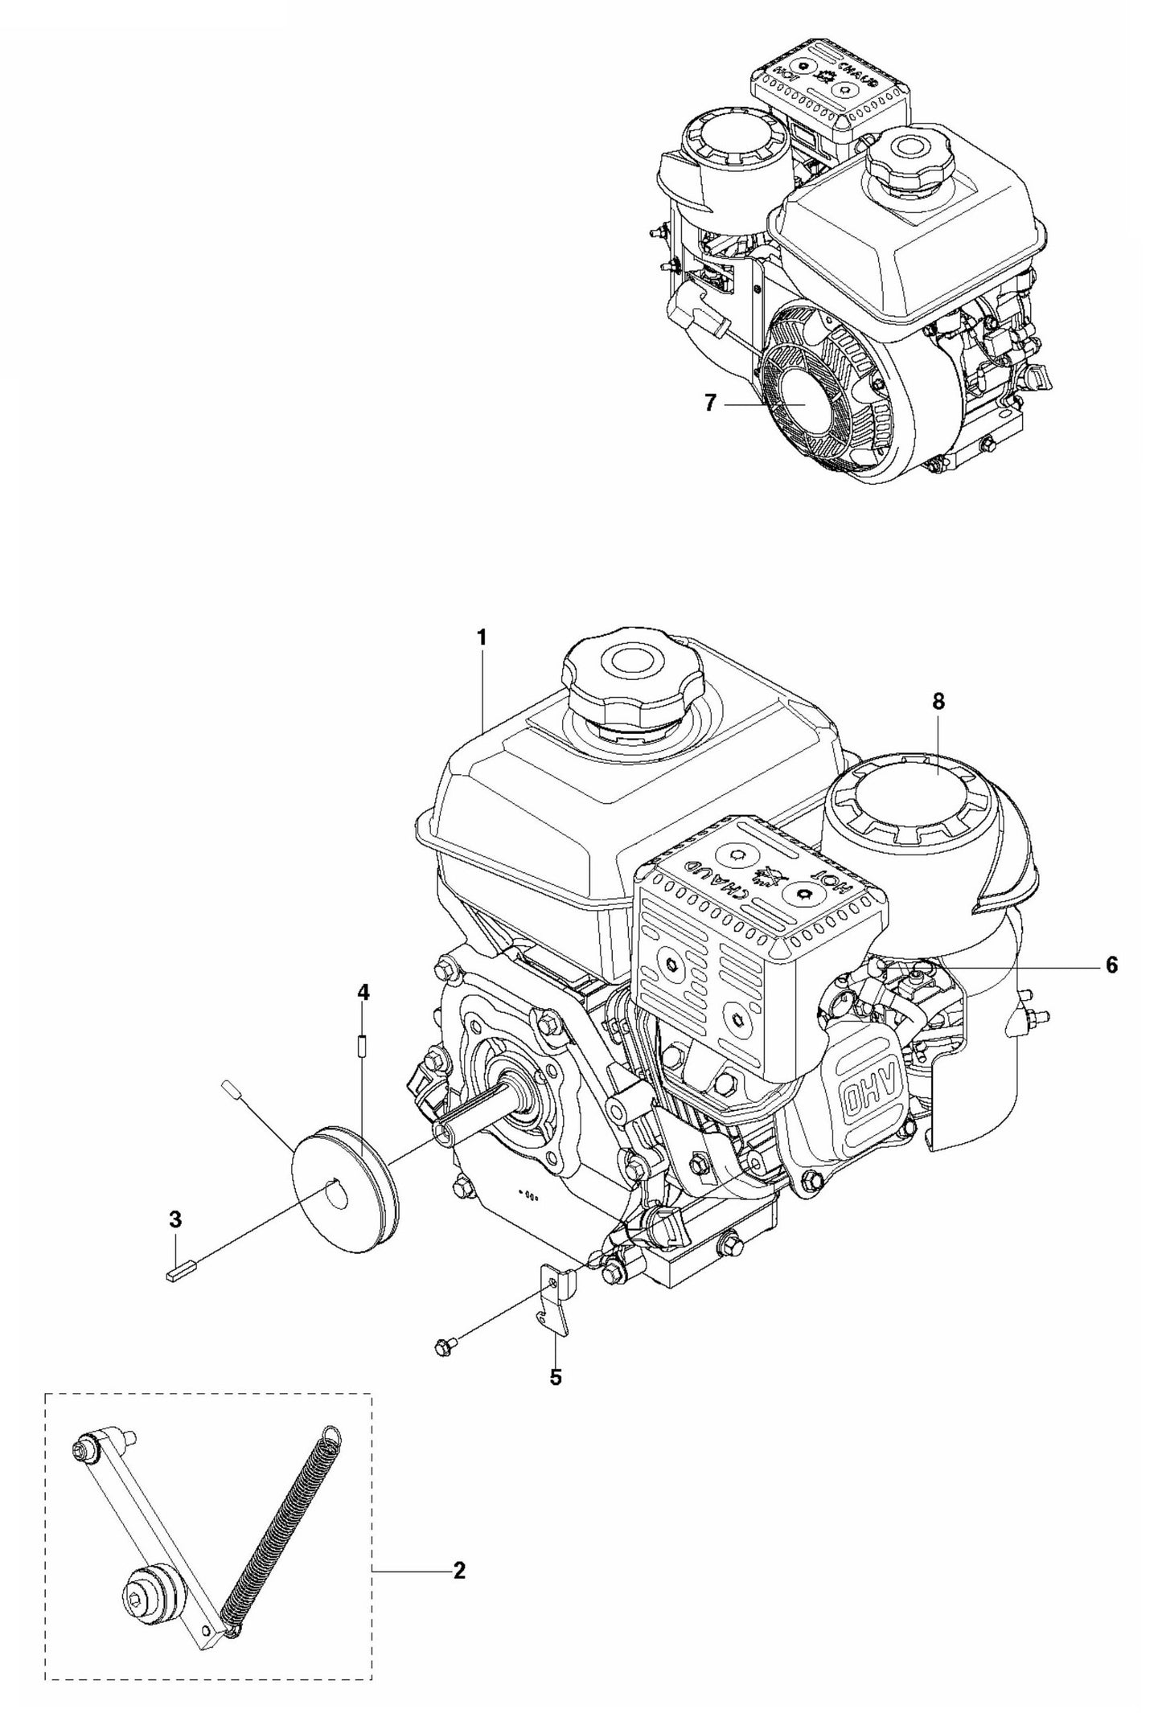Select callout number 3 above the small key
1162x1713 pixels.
(x=175, y=1242)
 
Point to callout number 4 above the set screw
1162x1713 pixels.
(x=363, y=994)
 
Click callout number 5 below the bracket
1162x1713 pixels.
(x=556, y=1377)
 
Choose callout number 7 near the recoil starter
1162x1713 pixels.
(x=709, y=404)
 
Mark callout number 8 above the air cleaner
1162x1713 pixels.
(x=938, y=702)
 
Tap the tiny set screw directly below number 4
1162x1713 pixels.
(x=363, y=1025)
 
